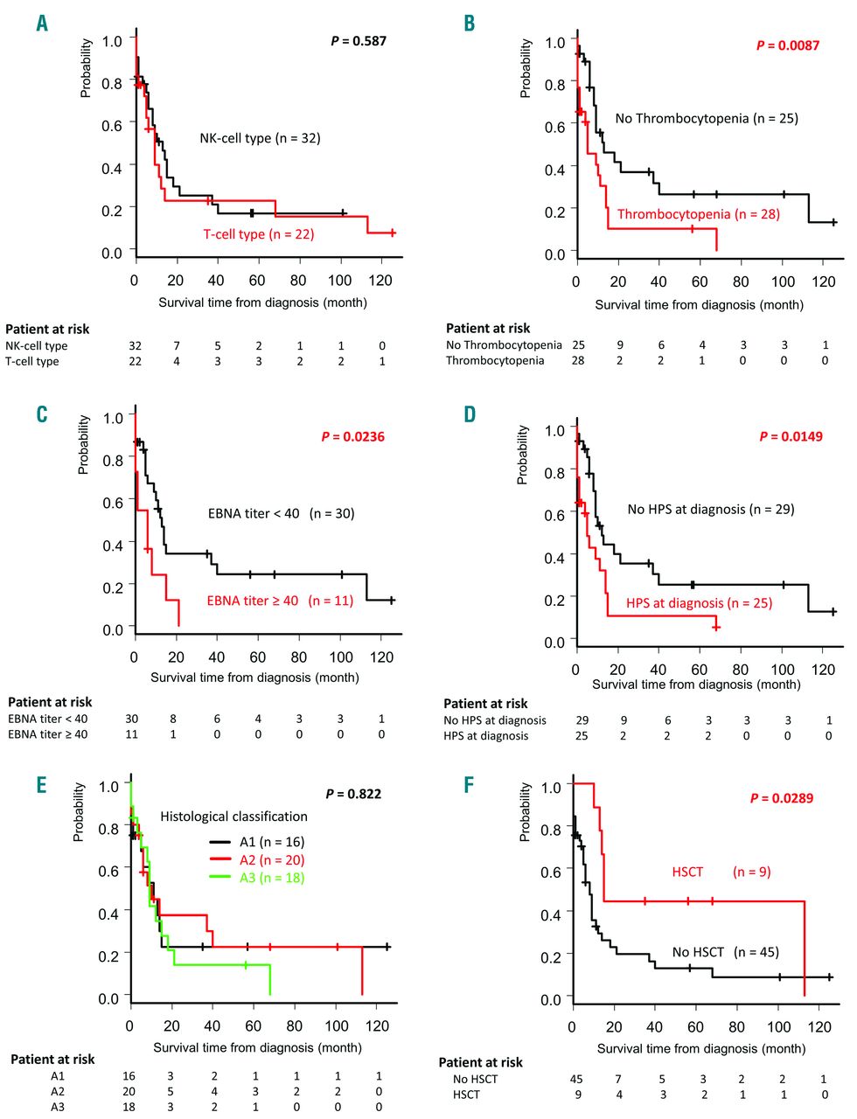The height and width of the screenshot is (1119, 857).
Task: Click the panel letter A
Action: tap(42, 24)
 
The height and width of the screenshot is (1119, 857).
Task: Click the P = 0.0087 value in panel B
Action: tap(787, 45)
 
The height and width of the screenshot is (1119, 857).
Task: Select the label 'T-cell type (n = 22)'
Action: tap(258, 234)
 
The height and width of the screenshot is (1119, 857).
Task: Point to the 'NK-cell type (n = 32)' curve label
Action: tap(260, 138)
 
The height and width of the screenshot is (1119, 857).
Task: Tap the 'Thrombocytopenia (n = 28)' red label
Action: tap(698, 214)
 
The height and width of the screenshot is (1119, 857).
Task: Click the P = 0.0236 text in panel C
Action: tap(352, 436)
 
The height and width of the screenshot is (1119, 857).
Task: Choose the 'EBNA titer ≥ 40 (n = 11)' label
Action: tap(280, 601)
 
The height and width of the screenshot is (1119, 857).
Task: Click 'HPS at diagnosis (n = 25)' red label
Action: tap(699, 603)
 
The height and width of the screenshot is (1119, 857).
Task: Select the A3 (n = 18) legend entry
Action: tap(271, 878)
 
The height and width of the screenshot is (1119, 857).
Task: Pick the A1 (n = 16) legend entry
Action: tap(271, 842)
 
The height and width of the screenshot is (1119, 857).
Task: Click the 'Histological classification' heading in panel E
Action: tap(233, 817)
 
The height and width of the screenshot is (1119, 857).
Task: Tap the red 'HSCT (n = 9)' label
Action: tap(721, 872)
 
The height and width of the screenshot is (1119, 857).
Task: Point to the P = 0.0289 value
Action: tap(781, 798)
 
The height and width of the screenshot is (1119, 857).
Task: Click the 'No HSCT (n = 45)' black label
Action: tap(725, 952)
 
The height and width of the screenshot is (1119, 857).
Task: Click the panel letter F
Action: tap(469, 784)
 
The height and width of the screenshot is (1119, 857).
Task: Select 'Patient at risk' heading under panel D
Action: tap(485, 704)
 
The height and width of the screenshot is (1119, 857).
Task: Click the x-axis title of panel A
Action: tap(262, 302)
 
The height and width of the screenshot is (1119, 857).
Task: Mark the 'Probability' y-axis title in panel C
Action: tap(84, 444)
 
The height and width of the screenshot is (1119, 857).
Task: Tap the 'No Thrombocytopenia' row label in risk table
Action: tap(504, 345)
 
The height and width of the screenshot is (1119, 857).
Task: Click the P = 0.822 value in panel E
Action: tap(353, 794)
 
